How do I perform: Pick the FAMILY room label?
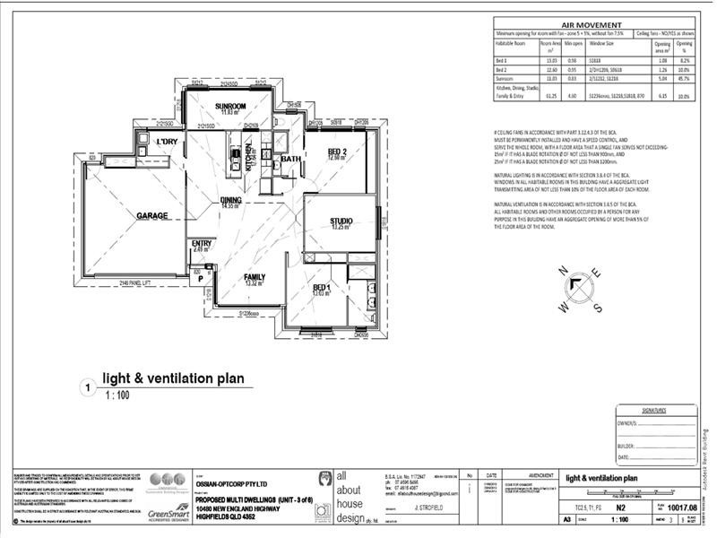tap(255, 278)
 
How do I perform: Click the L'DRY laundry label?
tap(167, 143)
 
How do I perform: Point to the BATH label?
tap(290, 159)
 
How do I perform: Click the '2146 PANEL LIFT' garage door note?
tap(136, 283)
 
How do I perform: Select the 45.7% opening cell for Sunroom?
tap(684, 78)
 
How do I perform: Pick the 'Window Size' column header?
tap(598, 43)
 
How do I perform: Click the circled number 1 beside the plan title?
tap(88, 387)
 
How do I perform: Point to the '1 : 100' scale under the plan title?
tap(117, 395)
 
